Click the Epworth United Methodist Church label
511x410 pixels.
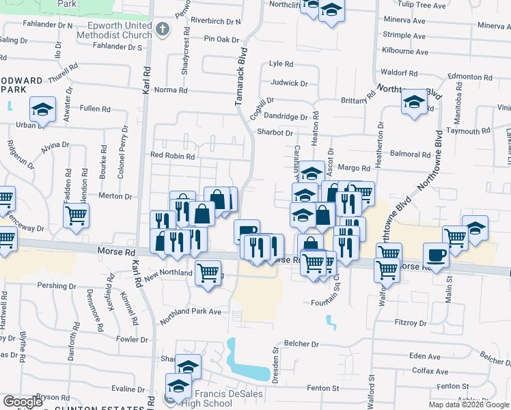coord(114,30)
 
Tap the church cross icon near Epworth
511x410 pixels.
coord(162,29)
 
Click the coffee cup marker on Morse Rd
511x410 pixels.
coord(435,255)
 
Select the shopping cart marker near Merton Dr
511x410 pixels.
coord(76,215)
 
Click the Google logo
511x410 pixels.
coord(23,402)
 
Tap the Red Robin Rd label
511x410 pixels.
coord(172,156)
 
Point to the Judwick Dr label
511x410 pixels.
coord(289,83)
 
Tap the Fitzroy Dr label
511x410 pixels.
coord(410,323)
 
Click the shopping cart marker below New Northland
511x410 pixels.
coord(208,273)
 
